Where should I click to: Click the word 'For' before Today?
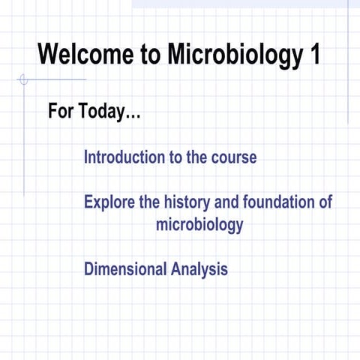(x=61, y=112)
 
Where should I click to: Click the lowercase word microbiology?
(x=199, y=224)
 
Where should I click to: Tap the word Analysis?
(x=199, y=268)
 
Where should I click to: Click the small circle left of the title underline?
(x=22, y=79)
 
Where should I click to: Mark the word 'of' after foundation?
(x=324, y=202)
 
